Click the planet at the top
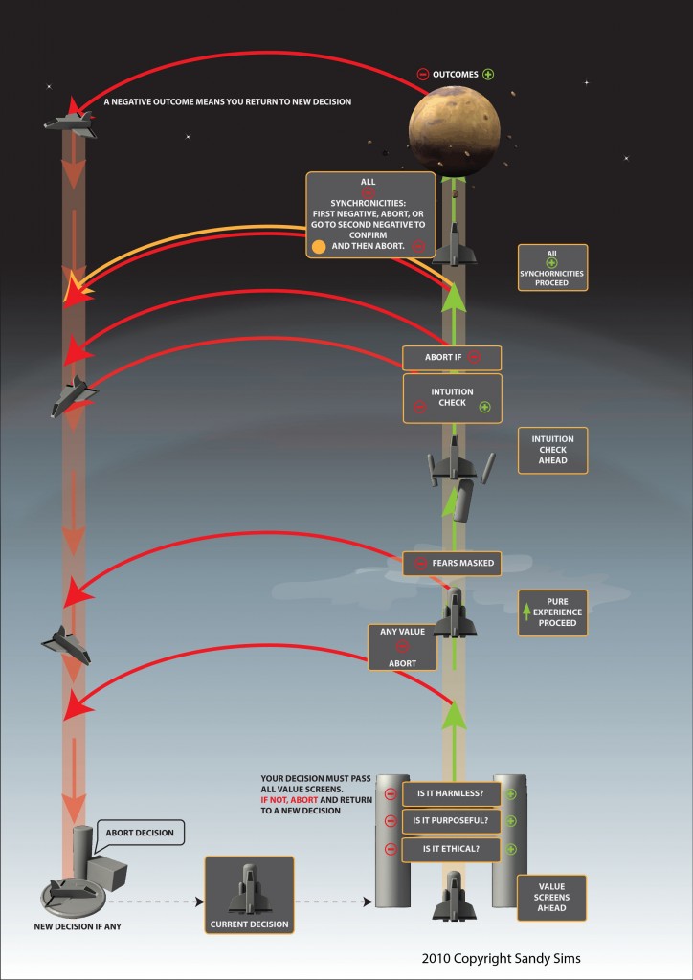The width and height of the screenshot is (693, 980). (x=455, y=130)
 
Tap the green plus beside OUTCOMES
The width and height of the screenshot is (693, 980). (x=488, y=75)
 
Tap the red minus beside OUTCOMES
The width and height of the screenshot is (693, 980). (x=423, y=75)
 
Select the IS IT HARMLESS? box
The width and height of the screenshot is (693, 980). (x=451, y=793)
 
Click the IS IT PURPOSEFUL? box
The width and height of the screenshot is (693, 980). (x=451, y=821)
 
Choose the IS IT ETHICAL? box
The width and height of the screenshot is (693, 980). (x=451, y=849)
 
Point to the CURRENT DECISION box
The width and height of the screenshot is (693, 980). (x=249, y=895)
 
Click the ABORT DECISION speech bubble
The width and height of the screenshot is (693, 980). (x=139, y=834)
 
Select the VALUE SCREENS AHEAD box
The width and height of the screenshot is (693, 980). (x=551, y=898)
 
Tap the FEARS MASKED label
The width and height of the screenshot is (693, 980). (x=452, y=563)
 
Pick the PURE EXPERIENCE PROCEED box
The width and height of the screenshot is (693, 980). (x=552, y=612)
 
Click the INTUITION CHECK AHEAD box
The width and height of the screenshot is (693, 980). (x=552, y=450)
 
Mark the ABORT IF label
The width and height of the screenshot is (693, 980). (x=452, y=358)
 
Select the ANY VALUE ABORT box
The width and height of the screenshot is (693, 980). (x=402, y=648)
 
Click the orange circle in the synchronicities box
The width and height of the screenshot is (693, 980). (x=319, y=246)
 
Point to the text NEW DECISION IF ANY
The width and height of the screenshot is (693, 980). (x=78, y=926)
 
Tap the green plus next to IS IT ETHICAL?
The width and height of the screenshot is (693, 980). (x=511, y=850)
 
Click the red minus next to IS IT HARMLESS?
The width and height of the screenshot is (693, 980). (x=391, y=794)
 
